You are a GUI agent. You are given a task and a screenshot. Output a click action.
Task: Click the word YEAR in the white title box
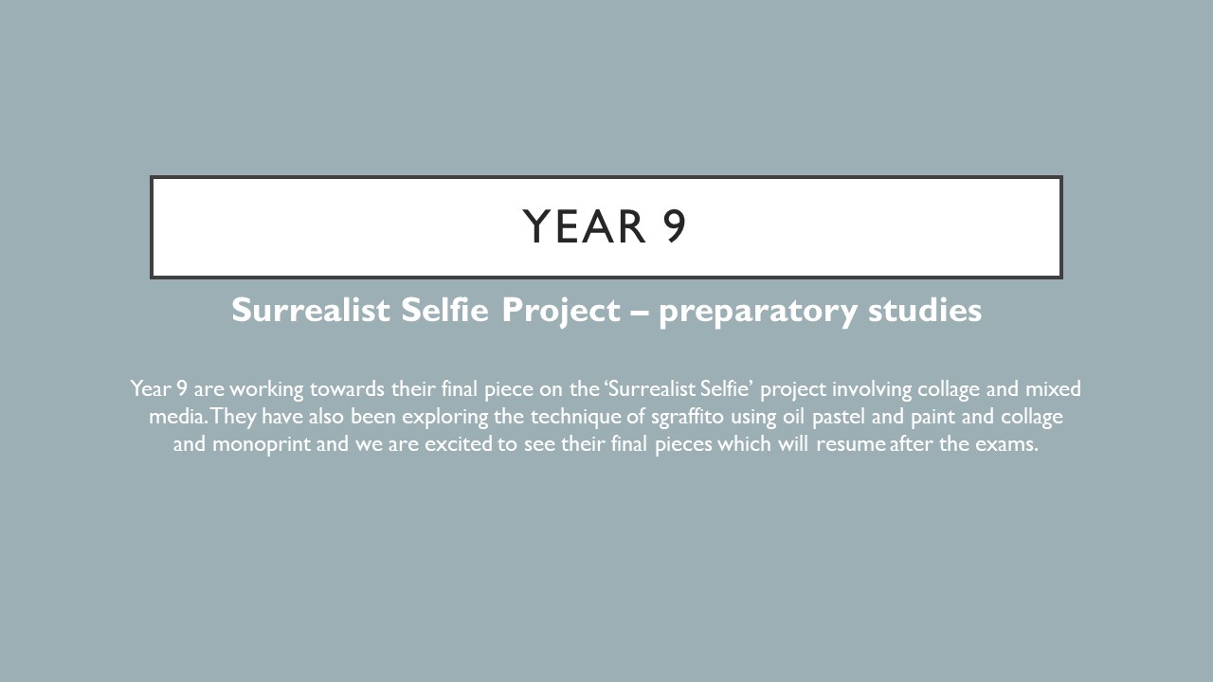[585, 226]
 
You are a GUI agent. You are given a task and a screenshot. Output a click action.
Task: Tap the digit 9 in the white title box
[674, 226]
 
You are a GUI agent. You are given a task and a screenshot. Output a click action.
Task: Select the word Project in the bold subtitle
[561, 312]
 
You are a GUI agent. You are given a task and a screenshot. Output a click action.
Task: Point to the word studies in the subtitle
[925, 310]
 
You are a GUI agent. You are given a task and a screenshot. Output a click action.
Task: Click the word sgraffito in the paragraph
[687, 417]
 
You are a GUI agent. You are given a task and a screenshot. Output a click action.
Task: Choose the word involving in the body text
[872, 389]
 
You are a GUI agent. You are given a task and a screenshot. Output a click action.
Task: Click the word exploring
[444, 418]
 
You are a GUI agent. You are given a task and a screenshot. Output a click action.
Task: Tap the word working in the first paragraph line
[266, 389]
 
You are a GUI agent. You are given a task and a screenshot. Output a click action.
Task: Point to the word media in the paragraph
[176, 417]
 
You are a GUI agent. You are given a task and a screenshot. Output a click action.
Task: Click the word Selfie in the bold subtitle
[444, 310]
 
